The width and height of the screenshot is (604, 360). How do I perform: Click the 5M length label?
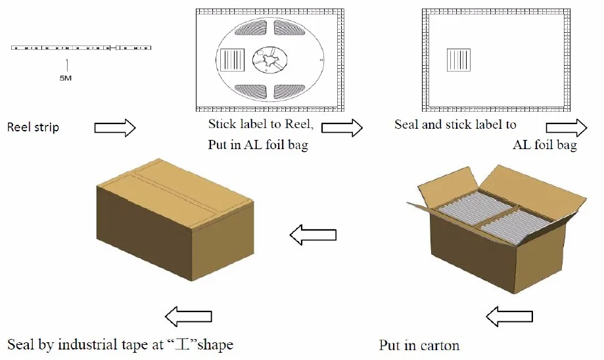[66, 78]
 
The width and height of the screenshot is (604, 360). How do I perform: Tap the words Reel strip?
[33, 127]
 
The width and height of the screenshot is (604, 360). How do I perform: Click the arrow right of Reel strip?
[115, 127]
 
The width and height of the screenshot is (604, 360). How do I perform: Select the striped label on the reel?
[232, 60]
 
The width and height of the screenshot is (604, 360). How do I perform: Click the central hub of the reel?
[270, 60]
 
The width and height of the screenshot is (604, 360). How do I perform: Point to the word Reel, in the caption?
[299, 124]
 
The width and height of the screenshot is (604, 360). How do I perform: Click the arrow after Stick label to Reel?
[342, 127]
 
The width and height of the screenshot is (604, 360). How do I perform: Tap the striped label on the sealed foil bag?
[459, 60]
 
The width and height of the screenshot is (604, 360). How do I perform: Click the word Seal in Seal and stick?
[406, 124]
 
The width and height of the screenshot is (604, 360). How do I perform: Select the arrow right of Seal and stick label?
[567, 127]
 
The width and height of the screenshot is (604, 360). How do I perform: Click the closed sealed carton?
[175, 219]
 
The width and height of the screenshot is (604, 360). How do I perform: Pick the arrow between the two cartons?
[313, 235]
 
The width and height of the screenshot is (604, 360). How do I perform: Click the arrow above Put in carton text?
[509, 317]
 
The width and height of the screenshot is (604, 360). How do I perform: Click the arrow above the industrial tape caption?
[189, 317]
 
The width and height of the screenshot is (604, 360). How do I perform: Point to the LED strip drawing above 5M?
[81, 48]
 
